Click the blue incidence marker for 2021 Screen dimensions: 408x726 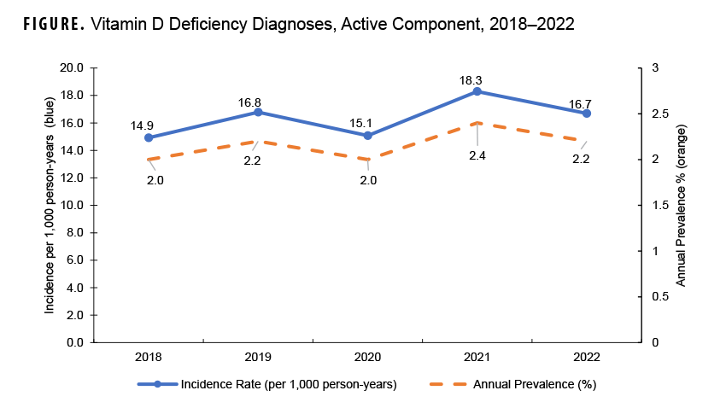pyautogui.click(x=477, y=91)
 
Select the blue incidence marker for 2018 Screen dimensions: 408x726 pyautogui.click(x=149, y=137)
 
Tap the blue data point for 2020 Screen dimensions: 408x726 pyautogui.click(x=367, y=136)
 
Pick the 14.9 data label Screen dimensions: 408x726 pyautogui.click(x=142, y=125)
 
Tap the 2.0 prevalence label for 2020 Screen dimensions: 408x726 pyautogui.click(x=367, y=180)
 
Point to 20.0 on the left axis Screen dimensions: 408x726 pyautogui.click(x=71, y=68)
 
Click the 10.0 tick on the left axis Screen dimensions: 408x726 pyautogui.click(x=71, y=206)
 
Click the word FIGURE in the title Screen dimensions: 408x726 pyautogui.click(x=48, y=26)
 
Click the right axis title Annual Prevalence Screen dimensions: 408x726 pyautogui.click(x=682, y=205)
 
